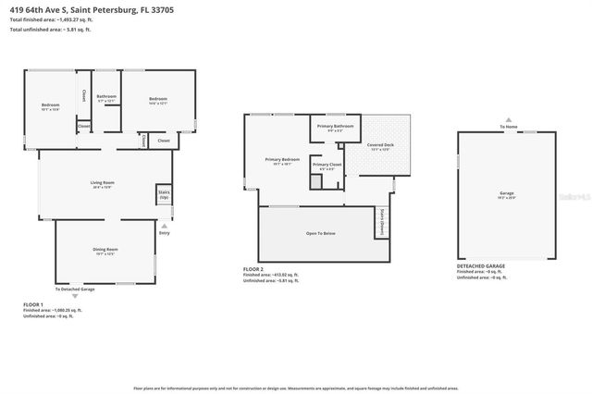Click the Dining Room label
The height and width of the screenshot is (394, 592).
[x=105, y=251]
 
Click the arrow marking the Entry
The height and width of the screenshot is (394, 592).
[x=164, y=225]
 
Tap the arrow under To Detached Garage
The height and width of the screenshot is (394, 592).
[x=74, y=297]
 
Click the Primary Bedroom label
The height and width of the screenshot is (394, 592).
[x=282, y=161]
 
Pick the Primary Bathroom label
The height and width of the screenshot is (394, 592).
[x=335, y=127]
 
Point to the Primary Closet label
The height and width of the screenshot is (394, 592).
[x=327, y=166]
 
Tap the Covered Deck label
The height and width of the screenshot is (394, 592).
[x=380, y=146]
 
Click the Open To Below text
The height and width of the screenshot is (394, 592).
[x=320, y=233]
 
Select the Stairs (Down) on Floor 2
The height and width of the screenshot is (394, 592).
[x=380, y=222]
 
